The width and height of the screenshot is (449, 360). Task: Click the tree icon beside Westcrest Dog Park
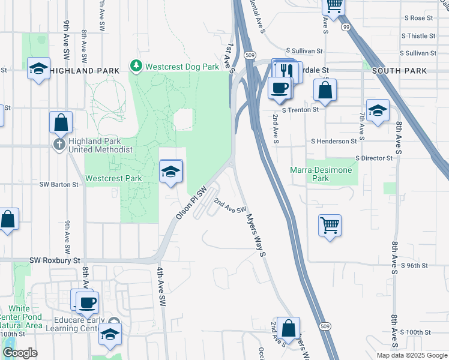(136, 66)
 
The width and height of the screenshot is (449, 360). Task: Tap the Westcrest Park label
(113, 178)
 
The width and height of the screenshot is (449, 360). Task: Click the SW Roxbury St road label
(55, 261)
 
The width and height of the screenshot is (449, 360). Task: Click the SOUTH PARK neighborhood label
(400, 71)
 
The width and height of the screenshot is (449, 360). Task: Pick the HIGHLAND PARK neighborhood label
(80, 71)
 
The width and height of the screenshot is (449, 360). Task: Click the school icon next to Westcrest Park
(170, 172)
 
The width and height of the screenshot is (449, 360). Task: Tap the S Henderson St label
(334, 141)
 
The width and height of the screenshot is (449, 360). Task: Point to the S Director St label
(374, 158)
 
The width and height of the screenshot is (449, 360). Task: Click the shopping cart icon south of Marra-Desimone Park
(330, 226)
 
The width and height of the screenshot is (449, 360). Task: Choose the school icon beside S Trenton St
(378, 110)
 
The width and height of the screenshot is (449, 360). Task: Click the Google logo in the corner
(20, 353)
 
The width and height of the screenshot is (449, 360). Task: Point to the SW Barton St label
(59, 185)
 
